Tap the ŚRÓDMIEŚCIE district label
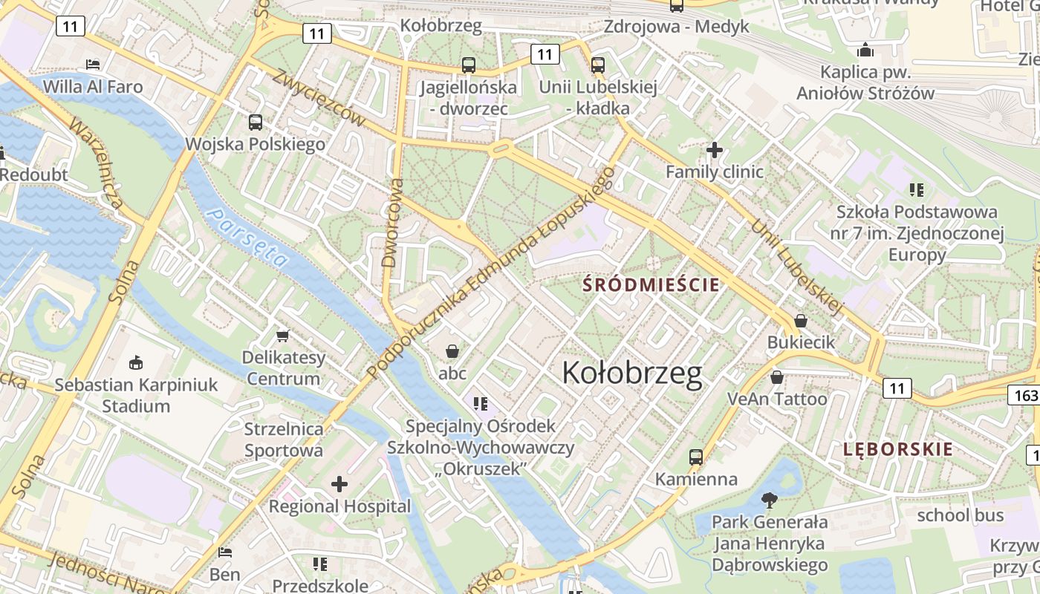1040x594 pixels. (x=651, y=284)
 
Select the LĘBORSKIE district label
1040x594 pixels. (x=897, y=448)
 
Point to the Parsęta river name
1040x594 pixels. (x=247, y=237)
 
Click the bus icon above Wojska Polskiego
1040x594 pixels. (x=256, y=123)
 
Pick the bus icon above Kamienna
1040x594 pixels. (x=696, y=457)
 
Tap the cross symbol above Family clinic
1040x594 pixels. (x=714, y=150)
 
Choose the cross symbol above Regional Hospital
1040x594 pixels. (x=339, y=485)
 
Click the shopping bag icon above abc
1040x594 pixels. (x=452, y=351)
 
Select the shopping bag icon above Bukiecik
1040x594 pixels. (x=801, y=321)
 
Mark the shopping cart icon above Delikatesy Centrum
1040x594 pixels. (x=282, y=336)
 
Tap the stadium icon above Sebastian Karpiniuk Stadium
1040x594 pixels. (x=135, y=363)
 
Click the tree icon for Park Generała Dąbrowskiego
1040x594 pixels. (x=770, y=500)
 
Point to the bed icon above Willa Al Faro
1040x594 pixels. (x=93, y=65)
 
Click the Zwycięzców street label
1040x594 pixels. (x=319, y=97)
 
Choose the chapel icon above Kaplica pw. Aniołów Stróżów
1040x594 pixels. (x=865, y=50)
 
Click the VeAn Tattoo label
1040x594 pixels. (x=776, y=399)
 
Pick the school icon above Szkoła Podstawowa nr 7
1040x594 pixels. (x=916, y=190)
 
